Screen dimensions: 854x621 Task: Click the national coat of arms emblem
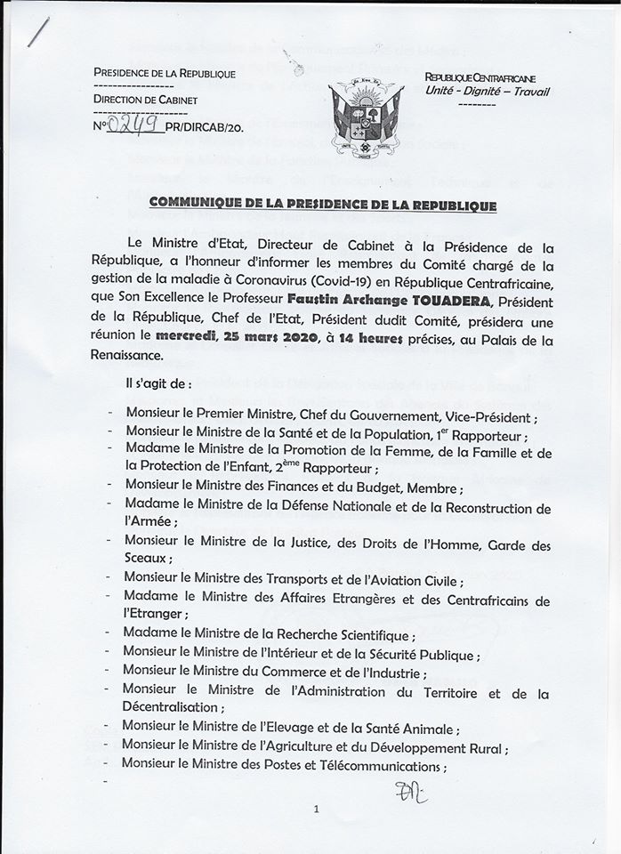pos(365,116)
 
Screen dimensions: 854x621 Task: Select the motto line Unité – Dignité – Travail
pos(488,91)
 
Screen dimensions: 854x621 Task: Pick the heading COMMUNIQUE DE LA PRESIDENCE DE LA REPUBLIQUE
pos(322,204)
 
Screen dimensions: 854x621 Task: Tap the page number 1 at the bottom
pos(315,809)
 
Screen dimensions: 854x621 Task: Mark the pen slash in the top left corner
pos(37,32)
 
